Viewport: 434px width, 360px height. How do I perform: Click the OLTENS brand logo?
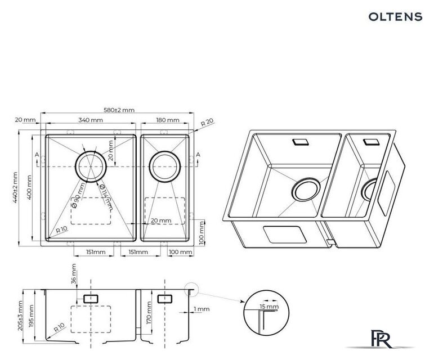coord(395,16)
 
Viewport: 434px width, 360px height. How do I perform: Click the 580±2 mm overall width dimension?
coord(119,110)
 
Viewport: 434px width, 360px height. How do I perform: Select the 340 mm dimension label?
coord(91,120)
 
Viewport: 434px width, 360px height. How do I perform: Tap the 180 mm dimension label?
coord(167,120)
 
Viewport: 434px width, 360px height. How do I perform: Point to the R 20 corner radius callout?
coord(207,122)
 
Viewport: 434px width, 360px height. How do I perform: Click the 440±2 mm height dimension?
coord(15,187)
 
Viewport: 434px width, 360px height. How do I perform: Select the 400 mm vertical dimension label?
coord(29,187)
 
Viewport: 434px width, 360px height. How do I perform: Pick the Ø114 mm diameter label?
coord(106,196)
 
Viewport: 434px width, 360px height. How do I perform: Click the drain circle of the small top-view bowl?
coord(165,166)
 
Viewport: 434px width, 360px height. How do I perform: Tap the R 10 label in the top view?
coord(61,229)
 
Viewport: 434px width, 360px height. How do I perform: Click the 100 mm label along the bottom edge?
coord(180,252)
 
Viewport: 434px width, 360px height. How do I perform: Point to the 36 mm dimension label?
coord(74,274)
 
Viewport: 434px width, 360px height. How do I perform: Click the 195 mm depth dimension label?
coord(31,316)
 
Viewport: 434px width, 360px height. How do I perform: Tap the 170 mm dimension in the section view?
coord(149,313)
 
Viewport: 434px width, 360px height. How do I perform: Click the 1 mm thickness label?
coord(202,309)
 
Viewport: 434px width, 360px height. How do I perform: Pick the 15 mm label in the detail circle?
coord(269,307)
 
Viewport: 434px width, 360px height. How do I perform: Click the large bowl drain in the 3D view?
coord(306,190)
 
